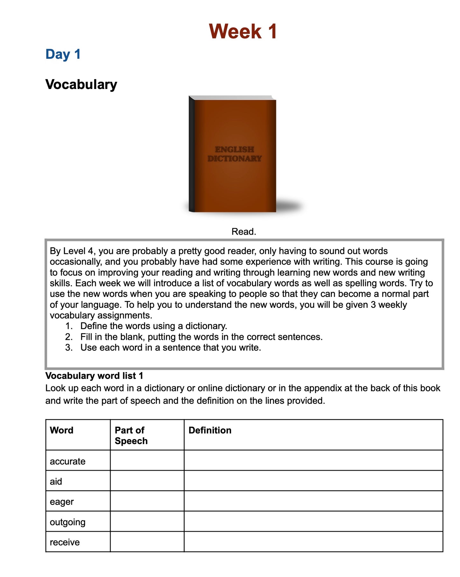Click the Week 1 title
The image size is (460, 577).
(243, 31)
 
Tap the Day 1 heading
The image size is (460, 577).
(63, 54)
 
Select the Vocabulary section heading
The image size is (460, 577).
(81, 85)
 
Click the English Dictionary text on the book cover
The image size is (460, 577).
(235, 154)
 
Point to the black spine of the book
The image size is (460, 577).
(192, 154)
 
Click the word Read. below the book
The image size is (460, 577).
(244, 231)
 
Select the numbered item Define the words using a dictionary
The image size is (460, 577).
(153, 326)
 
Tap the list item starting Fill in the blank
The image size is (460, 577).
(201, 337)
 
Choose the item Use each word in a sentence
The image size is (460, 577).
(170, 347)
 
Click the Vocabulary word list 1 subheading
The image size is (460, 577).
(94, 376)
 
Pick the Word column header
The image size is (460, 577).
(62, 430)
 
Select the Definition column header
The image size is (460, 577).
(210, 430)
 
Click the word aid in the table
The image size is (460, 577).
(56, 481)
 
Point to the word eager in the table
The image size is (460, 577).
(62, 502)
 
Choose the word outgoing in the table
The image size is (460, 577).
(67, 522)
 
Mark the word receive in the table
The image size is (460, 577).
(65, 542)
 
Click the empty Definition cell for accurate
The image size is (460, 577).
(313, 460)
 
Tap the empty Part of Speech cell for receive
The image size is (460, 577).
(147, 542)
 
